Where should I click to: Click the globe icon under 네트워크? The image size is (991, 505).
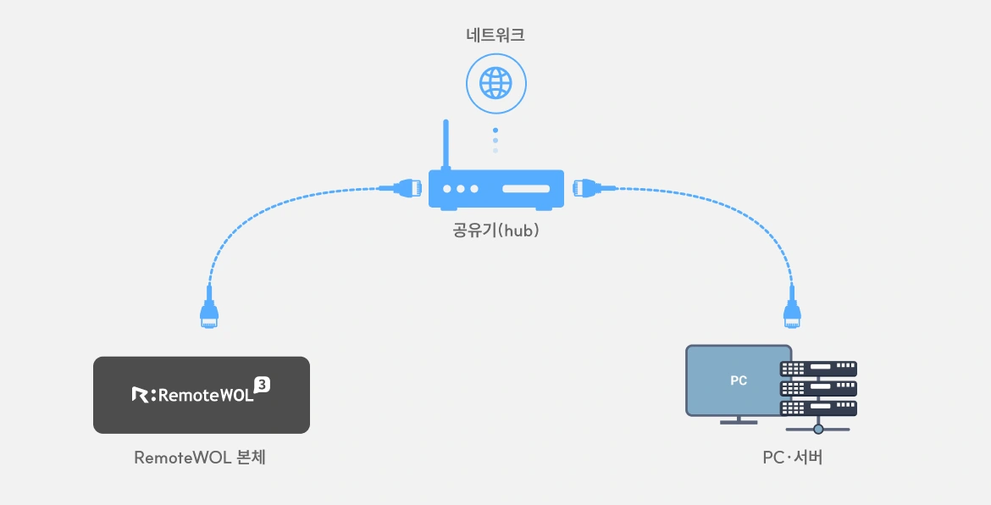[495, 82]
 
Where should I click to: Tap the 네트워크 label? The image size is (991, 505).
[495, 35]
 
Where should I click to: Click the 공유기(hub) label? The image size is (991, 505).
[495, 230]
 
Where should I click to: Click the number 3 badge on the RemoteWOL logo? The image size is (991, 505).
[263, 385]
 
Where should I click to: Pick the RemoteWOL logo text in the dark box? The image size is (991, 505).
[201, 395]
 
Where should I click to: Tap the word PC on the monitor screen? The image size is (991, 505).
[739, 381]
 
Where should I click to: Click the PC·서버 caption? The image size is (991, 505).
[793, 458]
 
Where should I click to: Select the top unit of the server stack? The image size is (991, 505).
[818, 369]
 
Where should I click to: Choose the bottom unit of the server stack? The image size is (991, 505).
[818, 408]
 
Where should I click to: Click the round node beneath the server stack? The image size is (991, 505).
[818, 429]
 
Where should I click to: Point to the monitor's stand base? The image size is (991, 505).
[739, 421]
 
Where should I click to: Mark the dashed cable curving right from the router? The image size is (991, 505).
[737, 212]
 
